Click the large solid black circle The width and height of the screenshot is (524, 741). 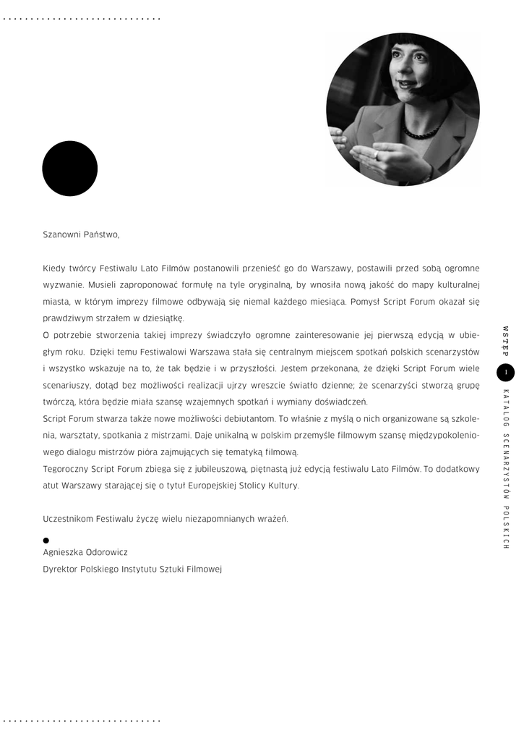(69, 169)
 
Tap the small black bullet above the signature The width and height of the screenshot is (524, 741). (46, 540)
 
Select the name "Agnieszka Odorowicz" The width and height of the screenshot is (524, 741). (85, 551)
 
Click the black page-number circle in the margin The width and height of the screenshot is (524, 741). (506, 373)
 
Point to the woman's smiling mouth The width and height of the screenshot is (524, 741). (406, 84)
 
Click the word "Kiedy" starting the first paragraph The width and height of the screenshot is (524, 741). (55, 268)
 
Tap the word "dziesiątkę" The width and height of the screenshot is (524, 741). (165, 318)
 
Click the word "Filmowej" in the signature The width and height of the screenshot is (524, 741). (205, 569)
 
